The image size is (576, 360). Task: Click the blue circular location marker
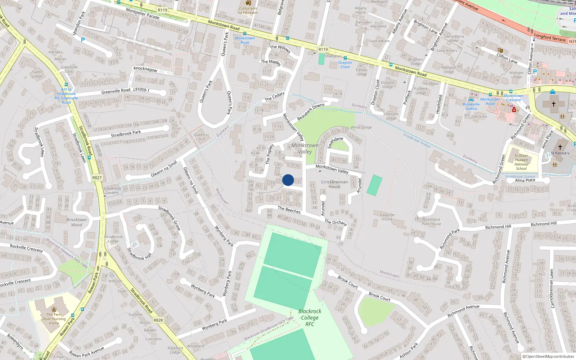(288, 180)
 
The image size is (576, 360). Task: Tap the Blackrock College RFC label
(310, 318)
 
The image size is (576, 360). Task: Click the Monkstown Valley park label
(305, 148)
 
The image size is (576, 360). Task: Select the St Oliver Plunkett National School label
(521, 162)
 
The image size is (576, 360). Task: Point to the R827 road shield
(97, 177)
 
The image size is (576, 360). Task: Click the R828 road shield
(158, 320)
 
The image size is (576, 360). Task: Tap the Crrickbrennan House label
(334, 184)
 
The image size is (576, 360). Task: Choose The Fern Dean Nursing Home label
(54, 319)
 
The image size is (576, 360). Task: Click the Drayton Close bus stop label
(345, 65)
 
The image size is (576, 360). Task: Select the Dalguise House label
(387, 217)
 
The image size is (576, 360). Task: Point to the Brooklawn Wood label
(76, 222)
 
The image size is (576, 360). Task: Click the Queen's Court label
(201, 137)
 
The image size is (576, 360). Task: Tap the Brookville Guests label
(471, 106)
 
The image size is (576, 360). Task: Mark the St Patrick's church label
(560, 153)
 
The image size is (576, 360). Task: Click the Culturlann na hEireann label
(248, 10)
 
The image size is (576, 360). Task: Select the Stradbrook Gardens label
(112, 190)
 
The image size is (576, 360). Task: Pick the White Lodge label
(361, 127)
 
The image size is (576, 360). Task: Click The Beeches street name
(289, 210)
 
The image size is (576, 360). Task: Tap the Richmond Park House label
(431, 221)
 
